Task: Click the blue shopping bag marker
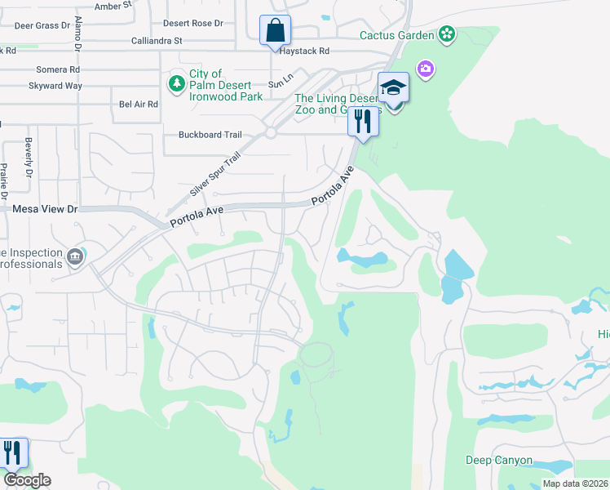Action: point(276,31)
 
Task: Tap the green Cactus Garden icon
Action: point(446,34)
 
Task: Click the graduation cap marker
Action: point(393,87)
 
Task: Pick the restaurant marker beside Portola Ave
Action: point(361,122)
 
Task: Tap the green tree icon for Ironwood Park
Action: point(176,83)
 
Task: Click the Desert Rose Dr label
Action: point(192,24)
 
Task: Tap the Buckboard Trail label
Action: point(210,136)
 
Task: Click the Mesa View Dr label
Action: point(45,209)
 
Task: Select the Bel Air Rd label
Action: point(138,105)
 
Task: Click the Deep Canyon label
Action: point(499,461)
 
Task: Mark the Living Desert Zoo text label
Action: point(336,104)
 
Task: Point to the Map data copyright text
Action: point(576,483)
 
